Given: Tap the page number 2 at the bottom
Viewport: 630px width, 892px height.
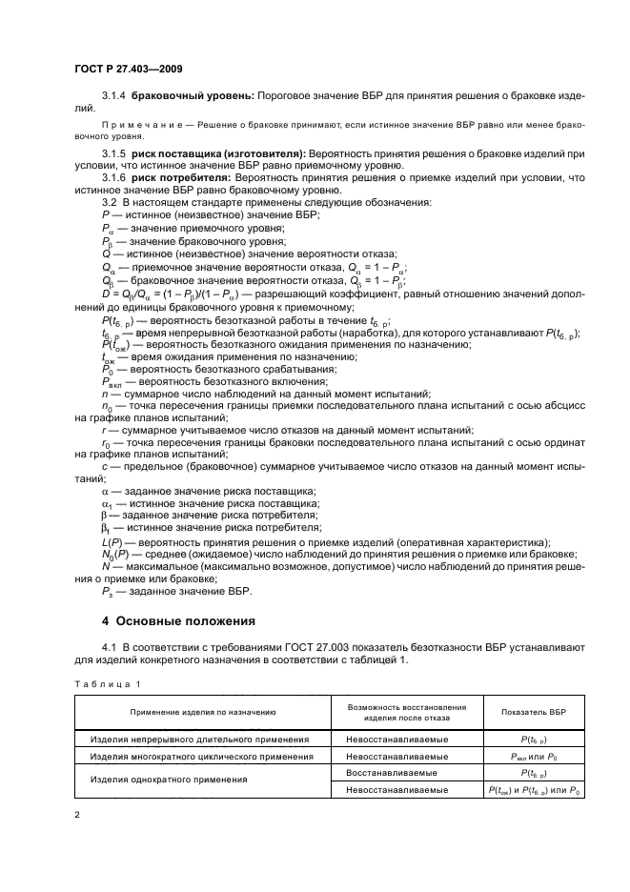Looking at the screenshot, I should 78,814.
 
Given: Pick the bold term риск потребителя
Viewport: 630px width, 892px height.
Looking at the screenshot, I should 188,177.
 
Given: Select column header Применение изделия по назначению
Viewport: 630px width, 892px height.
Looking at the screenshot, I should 203,712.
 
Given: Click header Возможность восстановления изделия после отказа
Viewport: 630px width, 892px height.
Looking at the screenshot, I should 406,712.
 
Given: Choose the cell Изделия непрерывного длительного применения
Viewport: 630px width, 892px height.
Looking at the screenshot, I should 200,739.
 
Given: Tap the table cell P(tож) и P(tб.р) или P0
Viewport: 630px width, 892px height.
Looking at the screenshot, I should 533,790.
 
